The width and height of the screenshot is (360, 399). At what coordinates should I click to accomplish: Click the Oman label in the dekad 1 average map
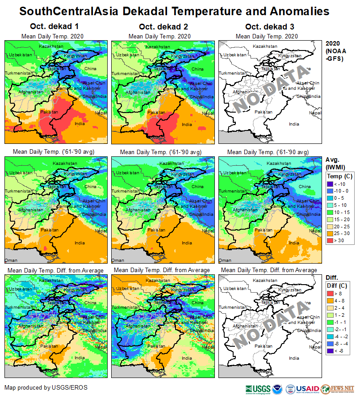coord(11,260)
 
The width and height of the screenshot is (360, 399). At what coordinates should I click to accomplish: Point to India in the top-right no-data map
coord(294,124)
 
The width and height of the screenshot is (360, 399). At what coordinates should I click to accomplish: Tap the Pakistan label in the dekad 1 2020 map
coord(49,111)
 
